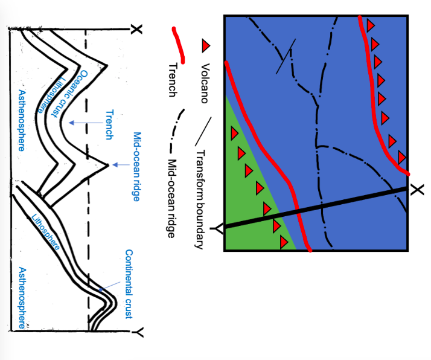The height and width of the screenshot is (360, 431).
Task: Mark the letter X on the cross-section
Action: click(x=137, y=28)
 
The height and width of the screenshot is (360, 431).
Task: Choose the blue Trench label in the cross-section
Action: click(x=109, y=124)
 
